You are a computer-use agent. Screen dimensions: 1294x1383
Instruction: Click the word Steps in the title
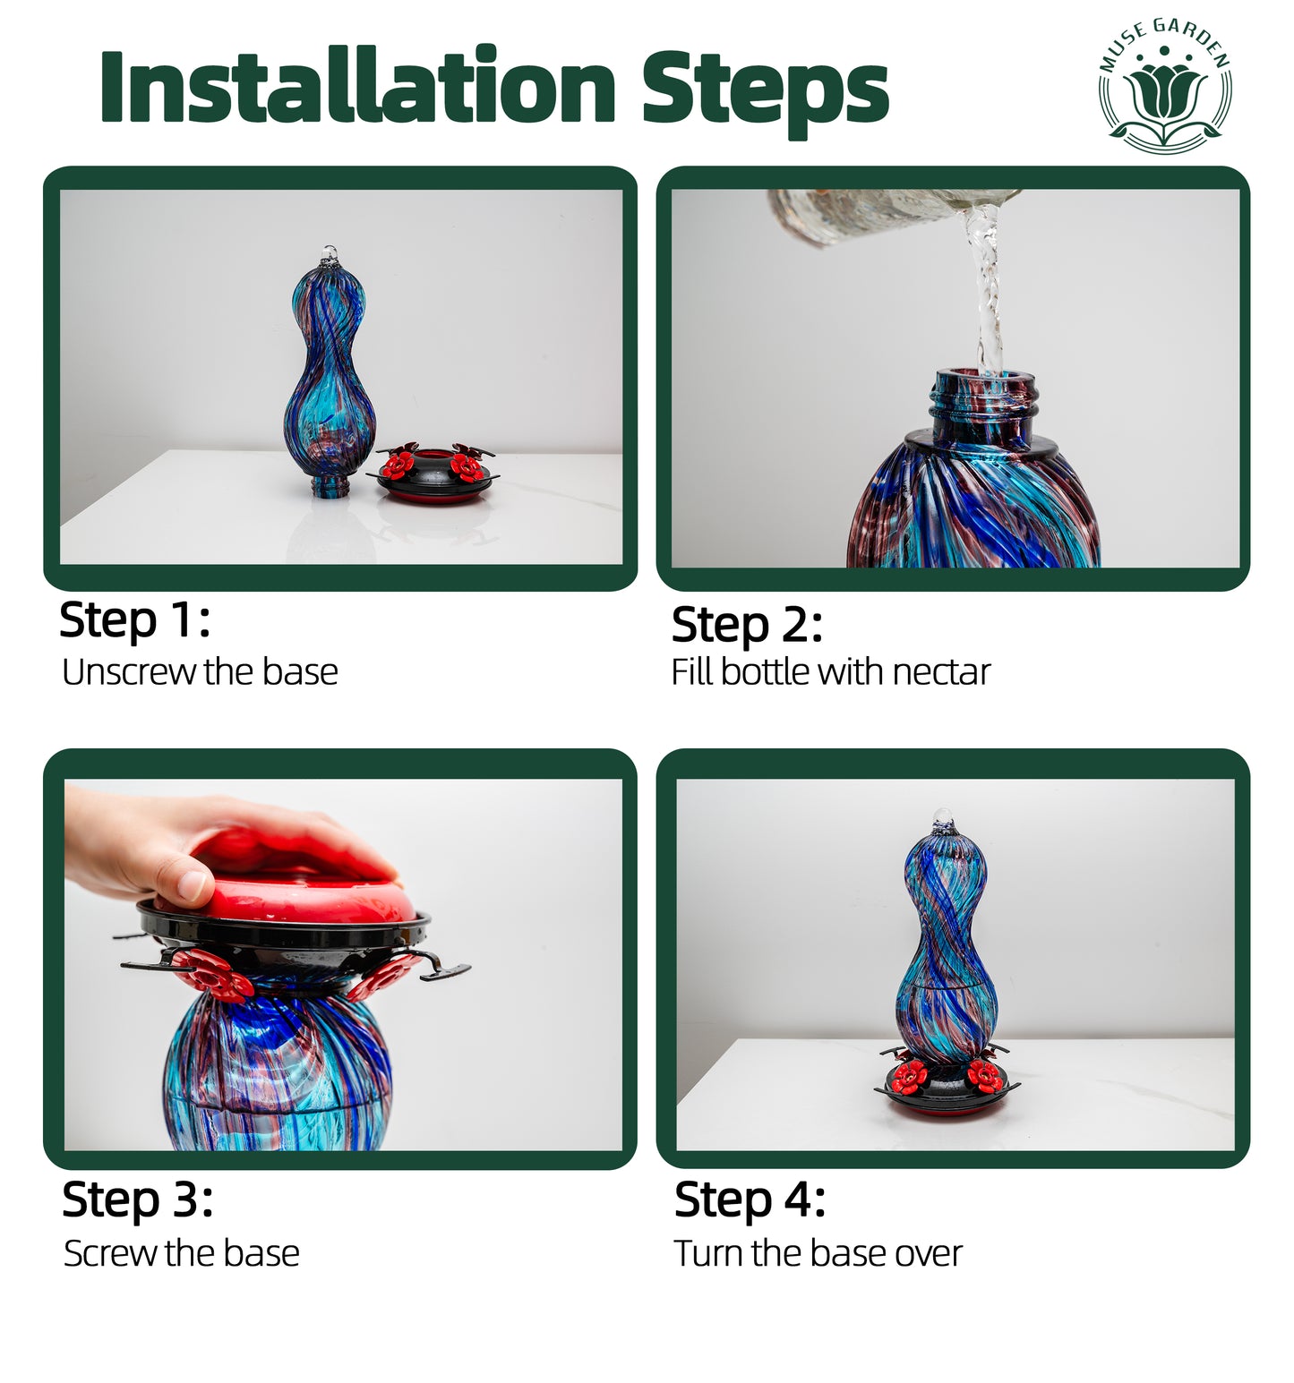766,90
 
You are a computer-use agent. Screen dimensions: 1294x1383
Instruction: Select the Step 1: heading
134,620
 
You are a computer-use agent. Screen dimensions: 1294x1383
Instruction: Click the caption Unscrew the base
200,672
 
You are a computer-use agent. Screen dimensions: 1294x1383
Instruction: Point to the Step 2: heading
747,625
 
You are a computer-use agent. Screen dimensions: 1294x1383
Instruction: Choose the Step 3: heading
138,1199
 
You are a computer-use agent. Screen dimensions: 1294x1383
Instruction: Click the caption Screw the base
182,1253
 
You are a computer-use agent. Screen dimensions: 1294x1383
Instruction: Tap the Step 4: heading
750,1199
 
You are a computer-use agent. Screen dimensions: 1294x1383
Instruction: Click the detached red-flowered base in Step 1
436,473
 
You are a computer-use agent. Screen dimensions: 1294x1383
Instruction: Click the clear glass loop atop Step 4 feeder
941,818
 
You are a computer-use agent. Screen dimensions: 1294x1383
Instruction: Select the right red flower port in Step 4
984,1076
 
